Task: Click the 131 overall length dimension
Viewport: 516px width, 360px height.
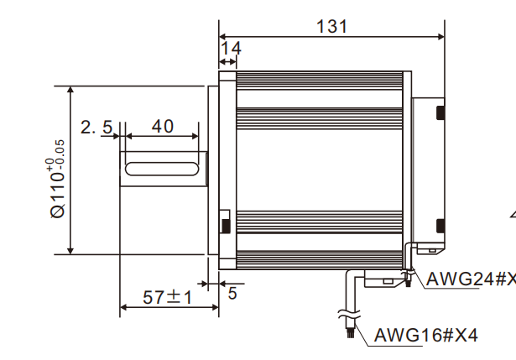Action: coord(331,26)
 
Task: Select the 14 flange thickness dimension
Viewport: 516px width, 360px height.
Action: coord(231,49)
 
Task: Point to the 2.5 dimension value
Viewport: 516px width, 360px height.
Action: coord(96,127)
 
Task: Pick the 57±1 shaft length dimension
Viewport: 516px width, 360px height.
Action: coord(167,297)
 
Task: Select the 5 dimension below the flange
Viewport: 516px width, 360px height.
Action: coord(232,293)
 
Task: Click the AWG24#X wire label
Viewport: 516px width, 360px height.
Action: coord(470,279)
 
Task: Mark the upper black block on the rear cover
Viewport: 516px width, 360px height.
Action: coord(440,112)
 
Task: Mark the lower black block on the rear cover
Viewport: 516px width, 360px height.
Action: coord(440,224)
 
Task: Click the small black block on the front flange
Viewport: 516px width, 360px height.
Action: coord(224,225)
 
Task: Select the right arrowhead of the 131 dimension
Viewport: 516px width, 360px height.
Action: coord(440,36)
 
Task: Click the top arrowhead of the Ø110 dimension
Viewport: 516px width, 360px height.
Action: coord(70,89)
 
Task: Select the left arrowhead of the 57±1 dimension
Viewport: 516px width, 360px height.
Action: coord(124,308)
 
